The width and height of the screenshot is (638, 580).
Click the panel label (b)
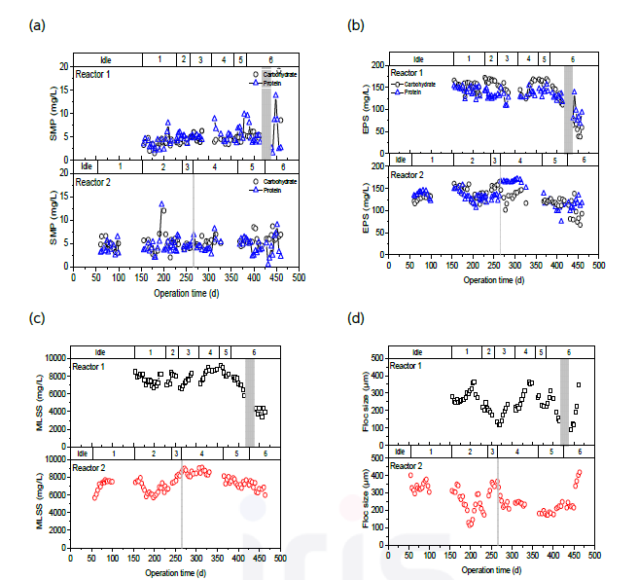tap(356, 26)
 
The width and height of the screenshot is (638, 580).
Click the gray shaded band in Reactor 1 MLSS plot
tap(250, 403)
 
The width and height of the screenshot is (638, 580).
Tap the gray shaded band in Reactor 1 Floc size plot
tap(565, 403)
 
